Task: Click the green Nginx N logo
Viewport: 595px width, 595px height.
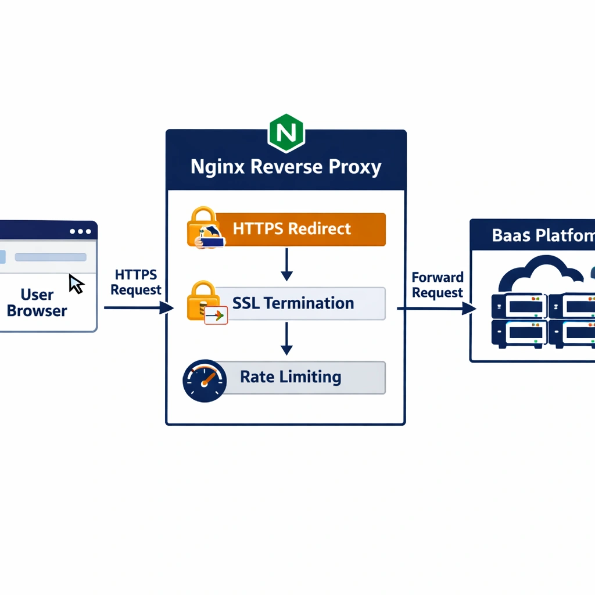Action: coord(286,133)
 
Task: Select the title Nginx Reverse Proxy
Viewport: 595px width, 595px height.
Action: coord(286,167)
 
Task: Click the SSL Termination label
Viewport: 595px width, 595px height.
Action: coord(293,303)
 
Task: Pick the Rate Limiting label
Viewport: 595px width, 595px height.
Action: coord(291,377)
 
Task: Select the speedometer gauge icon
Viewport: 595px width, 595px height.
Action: coord(203,381)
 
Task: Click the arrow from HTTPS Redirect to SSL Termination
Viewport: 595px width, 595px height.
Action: coord(286,264)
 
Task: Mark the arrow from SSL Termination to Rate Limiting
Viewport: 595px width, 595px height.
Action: coord(286,339)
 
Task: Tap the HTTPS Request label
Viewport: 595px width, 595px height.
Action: coord(136,282)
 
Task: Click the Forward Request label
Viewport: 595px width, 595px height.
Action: coord(437,285)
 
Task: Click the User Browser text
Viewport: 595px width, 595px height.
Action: coord(37,303)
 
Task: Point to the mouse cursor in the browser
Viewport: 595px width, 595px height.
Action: coord(76,284)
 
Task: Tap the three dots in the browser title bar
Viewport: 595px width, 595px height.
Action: coord(80,231)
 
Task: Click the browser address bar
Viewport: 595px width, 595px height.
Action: coord(50,257)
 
